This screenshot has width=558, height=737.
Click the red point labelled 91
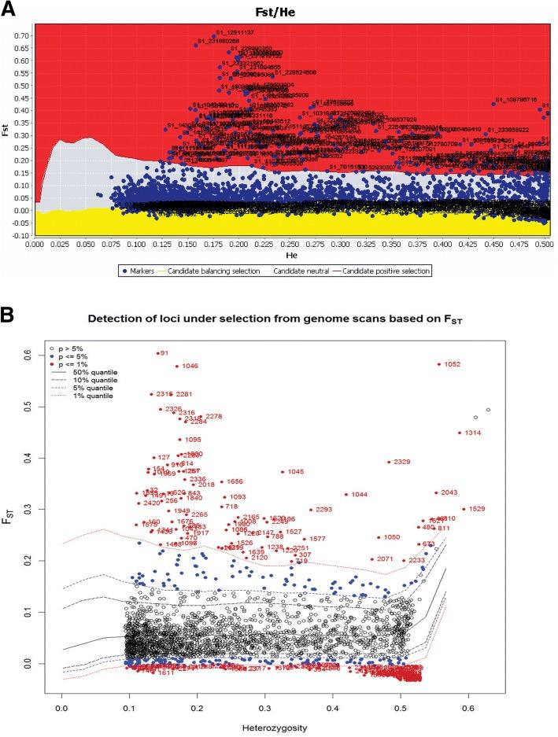[x=158, y=353]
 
